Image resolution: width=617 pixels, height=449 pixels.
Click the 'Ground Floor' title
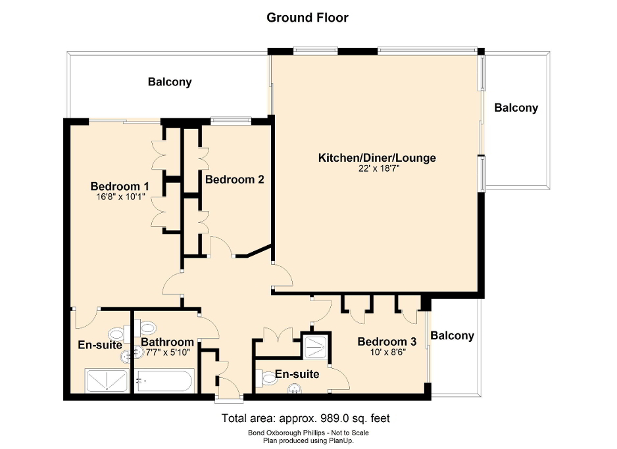click(307, 18)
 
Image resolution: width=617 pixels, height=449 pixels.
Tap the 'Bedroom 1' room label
click(120, 185)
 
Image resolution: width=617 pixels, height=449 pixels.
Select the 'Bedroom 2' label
click(234, 179)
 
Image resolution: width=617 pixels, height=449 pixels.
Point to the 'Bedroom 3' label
click(387, 341)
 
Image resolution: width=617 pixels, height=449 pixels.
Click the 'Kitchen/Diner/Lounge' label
click(377, 158)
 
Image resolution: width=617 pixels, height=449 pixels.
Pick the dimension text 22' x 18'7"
click(377, 168)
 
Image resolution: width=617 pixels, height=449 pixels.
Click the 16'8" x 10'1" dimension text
click(120, 196)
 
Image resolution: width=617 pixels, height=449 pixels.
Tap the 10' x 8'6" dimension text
click(387, 352)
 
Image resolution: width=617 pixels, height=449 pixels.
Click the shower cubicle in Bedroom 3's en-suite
click(316, 346)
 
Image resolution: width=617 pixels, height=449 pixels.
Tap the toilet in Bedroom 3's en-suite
click(270, 379)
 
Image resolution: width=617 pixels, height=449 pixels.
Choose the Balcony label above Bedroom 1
click(170, 82)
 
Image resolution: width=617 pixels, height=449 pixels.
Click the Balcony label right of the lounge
click(516, 108)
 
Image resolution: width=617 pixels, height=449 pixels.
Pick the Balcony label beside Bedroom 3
click(452, 336)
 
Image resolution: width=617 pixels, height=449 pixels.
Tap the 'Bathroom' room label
click(167, 342)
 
